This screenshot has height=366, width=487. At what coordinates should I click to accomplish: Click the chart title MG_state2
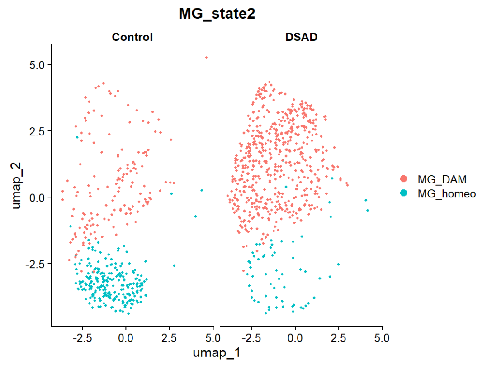(217, 14)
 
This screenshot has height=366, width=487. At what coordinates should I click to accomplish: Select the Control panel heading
(132, 37)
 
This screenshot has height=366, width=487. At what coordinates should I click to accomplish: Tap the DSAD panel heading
(302, 37)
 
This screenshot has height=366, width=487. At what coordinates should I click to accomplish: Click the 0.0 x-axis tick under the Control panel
(126, 337)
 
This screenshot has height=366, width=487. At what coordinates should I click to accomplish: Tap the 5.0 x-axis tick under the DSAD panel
(383, 337)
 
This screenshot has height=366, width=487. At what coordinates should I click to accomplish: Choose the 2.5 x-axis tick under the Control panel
(169, 337)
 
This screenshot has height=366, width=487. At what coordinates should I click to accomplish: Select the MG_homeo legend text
(447, 194)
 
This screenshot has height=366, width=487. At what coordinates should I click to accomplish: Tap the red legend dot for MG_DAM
(404, 180)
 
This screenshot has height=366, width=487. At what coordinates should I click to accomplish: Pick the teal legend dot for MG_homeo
(404, 194)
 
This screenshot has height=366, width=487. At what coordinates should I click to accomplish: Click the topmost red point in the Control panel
(206, 58)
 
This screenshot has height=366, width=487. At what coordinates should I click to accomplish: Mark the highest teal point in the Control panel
(77, 137)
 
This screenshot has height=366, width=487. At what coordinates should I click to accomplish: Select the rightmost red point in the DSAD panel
(347, 184)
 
